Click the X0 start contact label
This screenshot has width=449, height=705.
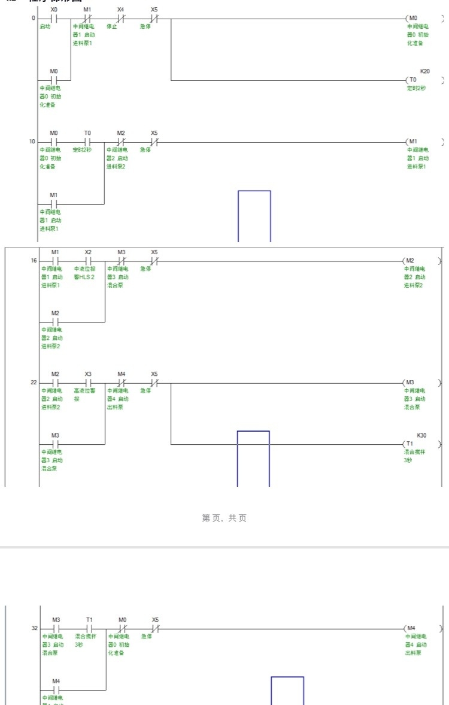pos(54,10)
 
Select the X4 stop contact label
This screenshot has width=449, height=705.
pos(120,10)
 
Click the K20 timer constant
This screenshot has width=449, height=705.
pos(424,71)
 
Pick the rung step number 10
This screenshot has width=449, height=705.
pos(32,141)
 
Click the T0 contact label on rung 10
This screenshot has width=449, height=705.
pos(87,132)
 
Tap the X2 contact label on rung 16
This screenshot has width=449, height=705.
pos(88,252)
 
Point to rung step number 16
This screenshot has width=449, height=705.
pos(34,261)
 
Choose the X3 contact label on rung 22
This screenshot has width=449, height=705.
pos(88,373)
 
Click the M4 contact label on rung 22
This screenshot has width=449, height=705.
pos(121,373)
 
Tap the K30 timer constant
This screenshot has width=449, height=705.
pos(422,435)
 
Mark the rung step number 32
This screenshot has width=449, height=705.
pos(34,628)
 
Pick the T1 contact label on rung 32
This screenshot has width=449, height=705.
pos(89,619)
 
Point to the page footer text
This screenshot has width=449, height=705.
pos(224,518)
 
